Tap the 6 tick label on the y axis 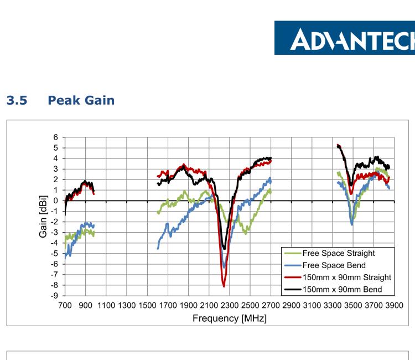pos(55,137)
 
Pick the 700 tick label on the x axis pos(65,306)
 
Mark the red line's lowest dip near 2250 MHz pos(224,286)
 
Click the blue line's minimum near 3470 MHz pos(352,224)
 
